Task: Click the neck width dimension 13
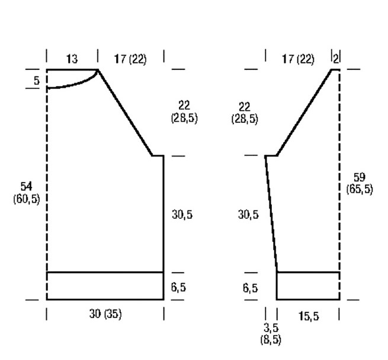click(72, 59)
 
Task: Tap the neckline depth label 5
click(37, 81)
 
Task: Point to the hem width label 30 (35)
click(105, 314)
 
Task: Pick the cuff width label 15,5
click(309, 316)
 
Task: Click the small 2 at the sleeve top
click(335, 59)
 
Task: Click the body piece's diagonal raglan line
click(125, 113)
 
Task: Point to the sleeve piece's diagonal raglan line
click(304, 113)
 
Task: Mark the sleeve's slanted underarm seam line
click(271, 214)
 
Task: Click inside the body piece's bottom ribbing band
click(105, 286)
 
